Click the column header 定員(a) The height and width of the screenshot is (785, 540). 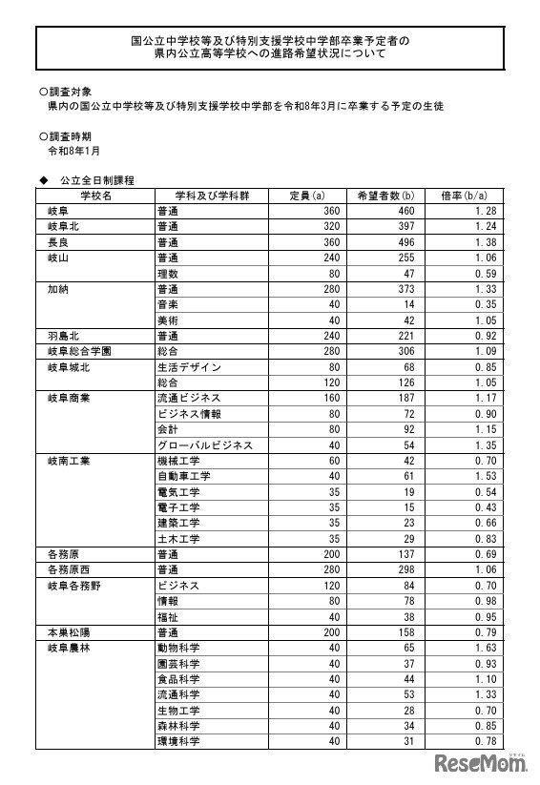(306, 195)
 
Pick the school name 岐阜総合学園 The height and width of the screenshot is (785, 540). (79, 351)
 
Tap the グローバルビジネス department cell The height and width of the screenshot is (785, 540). (205, 444)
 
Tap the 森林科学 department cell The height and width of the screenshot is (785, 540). (178, 725)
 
